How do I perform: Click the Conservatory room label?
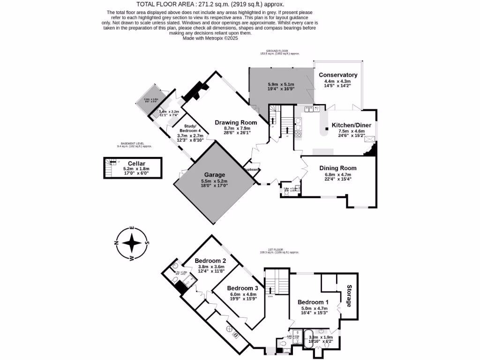(x=337, y=75)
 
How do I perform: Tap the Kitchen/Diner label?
(x=351, y=125)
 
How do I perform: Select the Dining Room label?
(x=337, y=168)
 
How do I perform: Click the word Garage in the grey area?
(x=214, y=175)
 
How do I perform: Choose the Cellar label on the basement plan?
(x=133, y=163)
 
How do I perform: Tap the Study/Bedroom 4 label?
(x=189, y=128)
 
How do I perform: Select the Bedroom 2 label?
(x=210, y=261)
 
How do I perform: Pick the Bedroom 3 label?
(x=242, y=288)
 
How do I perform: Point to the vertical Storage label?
(x=349, y=296)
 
